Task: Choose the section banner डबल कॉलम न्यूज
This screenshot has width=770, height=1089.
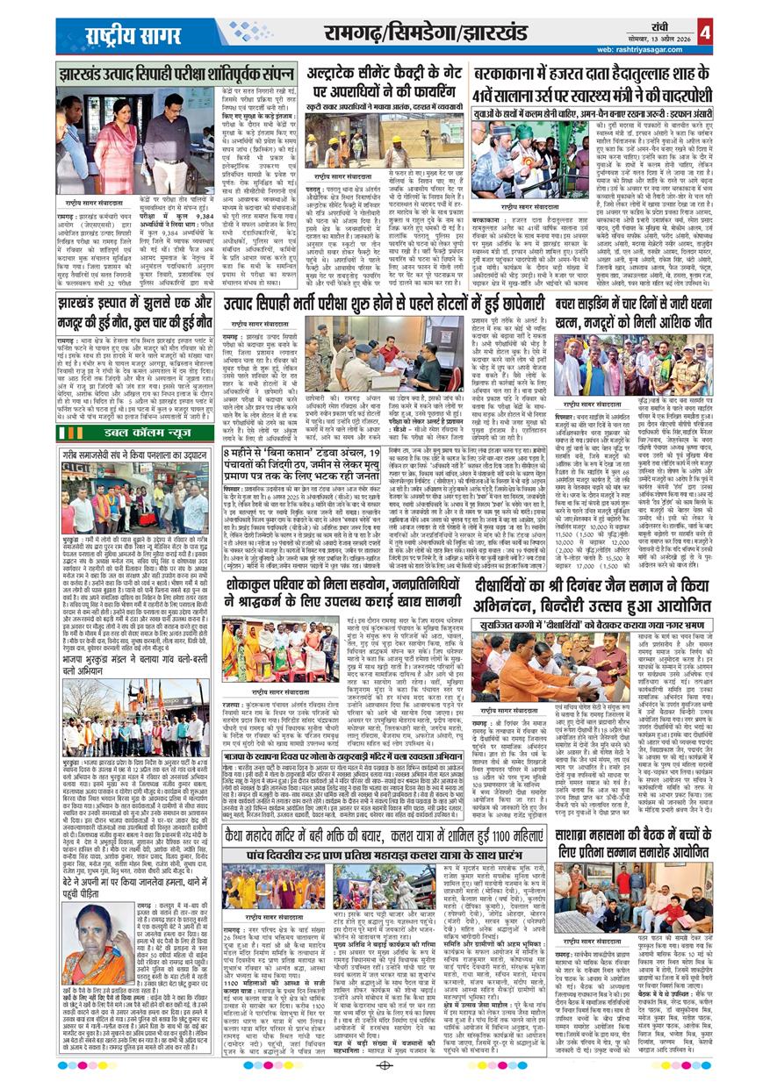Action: pos(147,433)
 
